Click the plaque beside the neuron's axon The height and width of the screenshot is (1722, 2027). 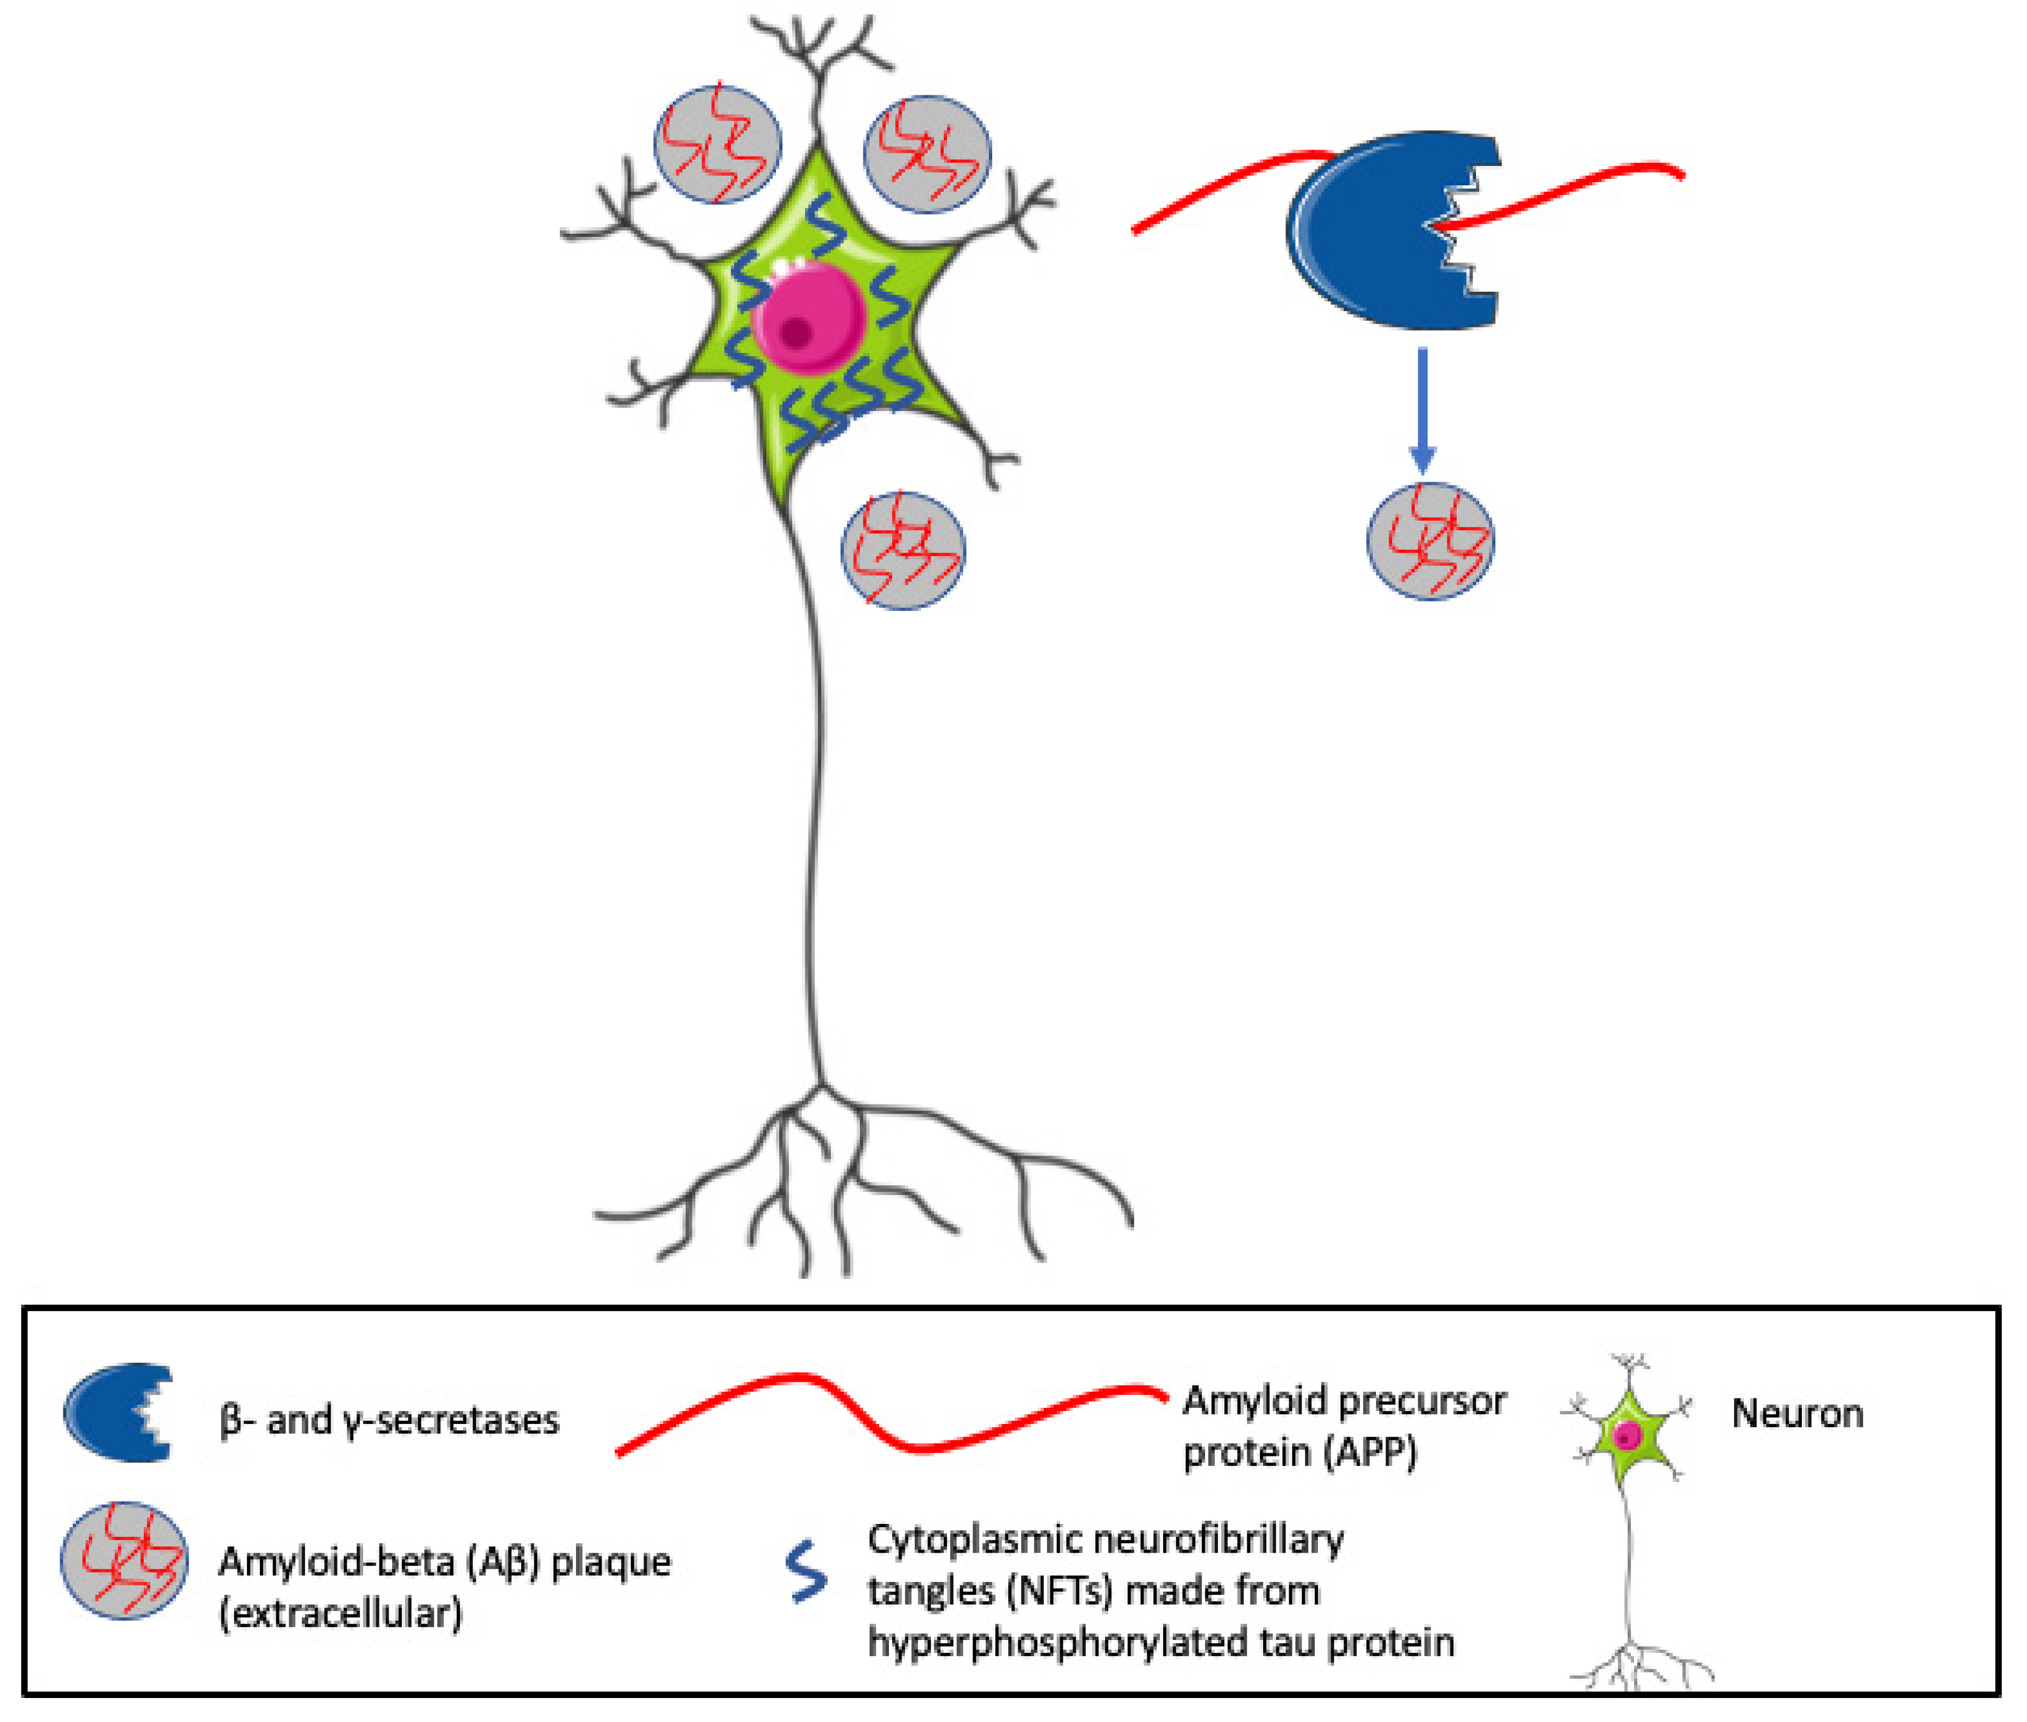pyautogui.click(x=903, y=551)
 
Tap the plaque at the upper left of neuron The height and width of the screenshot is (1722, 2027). pyautogui.click(x=718, y=144)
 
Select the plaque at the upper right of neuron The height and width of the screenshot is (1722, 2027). pyautogui.click(x=927, y=154)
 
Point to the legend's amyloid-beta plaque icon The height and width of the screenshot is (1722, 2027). pyautogui.click(x=124, y=1560)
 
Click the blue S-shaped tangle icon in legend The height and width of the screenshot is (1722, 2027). pyautogui.click(x=807, y=1572)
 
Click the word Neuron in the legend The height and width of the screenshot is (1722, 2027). pyautogui.click(x=1797, y=1413)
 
